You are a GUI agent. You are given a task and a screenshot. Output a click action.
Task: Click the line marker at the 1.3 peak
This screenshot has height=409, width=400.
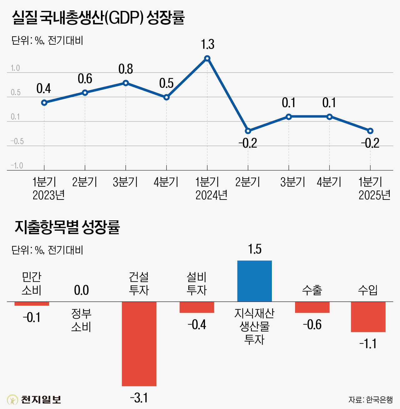[207, 58]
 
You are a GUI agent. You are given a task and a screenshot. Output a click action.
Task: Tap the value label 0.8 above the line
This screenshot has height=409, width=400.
[126, 69]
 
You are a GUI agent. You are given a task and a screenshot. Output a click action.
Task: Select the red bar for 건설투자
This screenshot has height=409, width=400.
[139, 344]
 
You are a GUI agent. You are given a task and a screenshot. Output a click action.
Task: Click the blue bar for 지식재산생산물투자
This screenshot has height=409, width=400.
[254, 281]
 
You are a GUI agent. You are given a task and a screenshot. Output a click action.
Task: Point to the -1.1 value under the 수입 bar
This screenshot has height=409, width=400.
[368, 344]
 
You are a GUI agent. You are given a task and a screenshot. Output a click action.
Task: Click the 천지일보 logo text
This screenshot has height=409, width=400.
[41, 399]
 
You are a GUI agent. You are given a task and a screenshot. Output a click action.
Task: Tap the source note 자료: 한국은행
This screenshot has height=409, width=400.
[370, 400]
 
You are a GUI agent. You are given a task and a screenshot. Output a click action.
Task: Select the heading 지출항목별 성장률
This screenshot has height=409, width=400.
[67, 227]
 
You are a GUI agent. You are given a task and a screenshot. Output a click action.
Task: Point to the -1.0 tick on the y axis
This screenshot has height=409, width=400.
[17, 166]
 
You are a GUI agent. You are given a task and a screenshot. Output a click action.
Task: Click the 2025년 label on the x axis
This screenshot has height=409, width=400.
[374, 195]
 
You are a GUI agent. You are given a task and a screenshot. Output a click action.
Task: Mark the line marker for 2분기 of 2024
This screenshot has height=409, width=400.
[248, 131]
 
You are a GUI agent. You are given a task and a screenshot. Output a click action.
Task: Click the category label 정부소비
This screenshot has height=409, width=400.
[81, 320]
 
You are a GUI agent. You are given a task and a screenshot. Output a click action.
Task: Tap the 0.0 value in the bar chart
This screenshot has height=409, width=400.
[81, 290]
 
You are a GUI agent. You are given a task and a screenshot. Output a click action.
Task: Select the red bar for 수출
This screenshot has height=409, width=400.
[312, 307]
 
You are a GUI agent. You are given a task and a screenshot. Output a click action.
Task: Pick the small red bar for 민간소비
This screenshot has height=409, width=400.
[32, 304]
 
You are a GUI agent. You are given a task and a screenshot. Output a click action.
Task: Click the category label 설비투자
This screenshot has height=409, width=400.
[197, 284]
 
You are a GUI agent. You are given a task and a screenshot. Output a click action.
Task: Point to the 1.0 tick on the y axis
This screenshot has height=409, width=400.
[15, 68]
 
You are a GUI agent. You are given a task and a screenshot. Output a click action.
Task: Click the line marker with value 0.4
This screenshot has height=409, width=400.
[44, 103]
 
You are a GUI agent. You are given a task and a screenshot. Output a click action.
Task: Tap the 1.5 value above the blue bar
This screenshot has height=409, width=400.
[254, 250]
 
